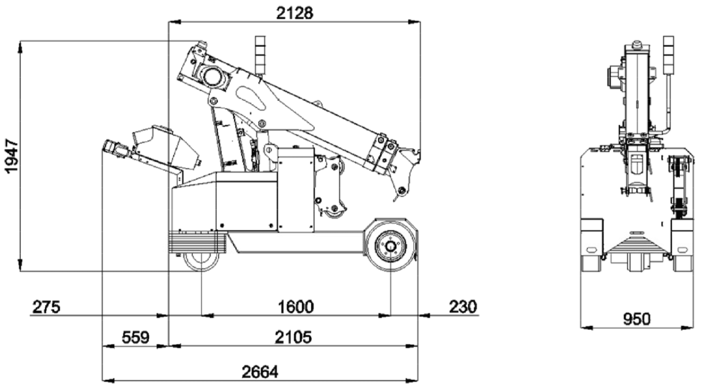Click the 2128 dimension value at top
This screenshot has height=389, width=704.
click(x=294, y=12)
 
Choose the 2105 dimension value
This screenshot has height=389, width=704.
click(x=293, y=338)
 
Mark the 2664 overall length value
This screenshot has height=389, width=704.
click(x=260, y=372)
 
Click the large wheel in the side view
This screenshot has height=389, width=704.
click(x=390, y=246)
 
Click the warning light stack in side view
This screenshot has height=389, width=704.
click(x=260, y=55)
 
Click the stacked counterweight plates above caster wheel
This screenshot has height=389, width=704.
click(x=196, y=242)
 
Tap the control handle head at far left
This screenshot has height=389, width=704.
click(x=117, y=149)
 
